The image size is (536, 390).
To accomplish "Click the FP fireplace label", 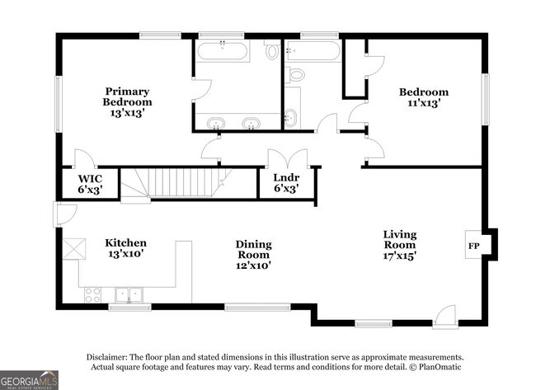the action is tap(473, 246).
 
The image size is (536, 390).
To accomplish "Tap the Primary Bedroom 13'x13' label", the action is tap(127, 102).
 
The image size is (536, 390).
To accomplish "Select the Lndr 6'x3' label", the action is tap(286, 183).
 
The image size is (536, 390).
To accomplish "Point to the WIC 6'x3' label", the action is tap(90, 184).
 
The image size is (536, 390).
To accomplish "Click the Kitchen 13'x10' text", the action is tap(125, 248).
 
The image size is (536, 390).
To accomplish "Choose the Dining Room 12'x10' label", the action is tap(254, 255).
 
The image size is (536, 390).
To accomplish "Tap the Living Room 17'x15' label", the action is tap(400, 245).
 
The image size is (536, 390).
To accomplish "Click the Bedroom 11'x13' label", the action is tap(424, 97).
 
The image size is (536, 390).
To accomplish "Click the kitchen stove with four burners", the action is tap(93, 295).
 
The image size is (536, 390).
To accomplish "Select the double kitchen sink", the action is tap(129, 295).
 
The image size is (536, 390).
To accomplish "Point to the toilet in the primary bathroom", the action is tap(271, 49).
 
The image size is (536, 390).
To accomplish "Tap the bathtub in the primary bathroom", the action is tap(223, 50).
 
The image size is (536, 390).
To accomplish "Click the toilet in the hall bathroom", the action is tap(294, 74).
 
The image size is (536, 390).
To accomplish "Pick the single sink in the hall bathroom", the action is tap(291, 118).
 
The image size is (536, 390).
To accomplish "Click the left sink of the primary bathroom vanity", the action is tap(216, 123).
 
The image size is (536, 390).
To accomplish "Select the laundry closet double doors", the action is tap(288, 158).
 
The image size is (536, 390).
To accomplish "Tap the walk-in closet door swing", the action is tap(84, 158).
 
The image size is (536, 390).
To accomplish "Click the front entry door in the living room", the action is tap(444, 317).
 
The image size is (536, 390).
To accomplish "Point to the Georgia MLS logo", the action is tap(29, 380).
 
